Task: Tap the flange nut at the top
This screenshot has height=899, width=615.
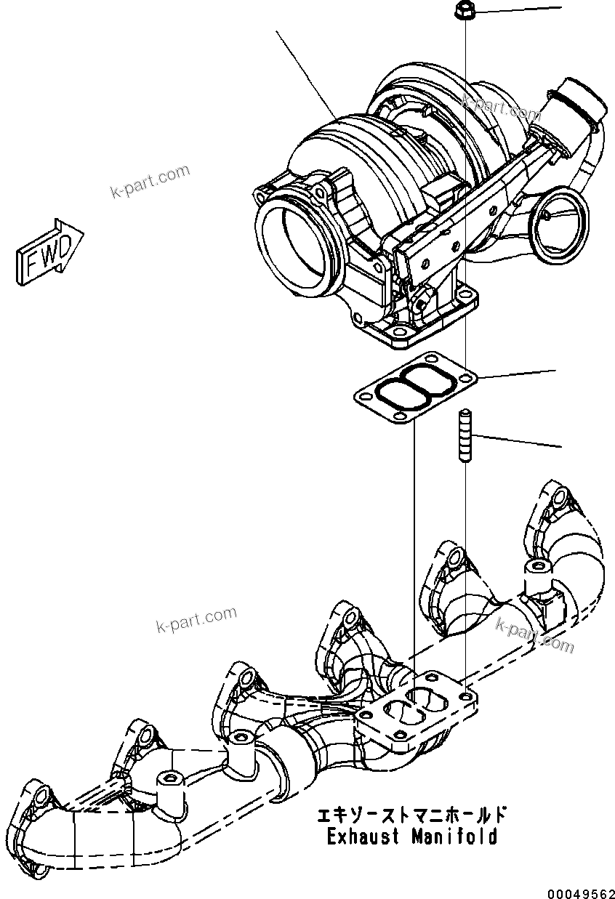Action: coord(464,11)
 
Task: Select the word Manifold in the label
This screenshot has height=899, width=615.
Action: coord(454,836)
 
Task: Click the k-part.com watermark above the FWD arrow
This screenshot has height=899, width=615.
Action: coord(150,182)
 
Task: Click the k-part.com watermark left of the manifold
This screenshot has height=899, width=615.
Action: coord(196,620)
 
